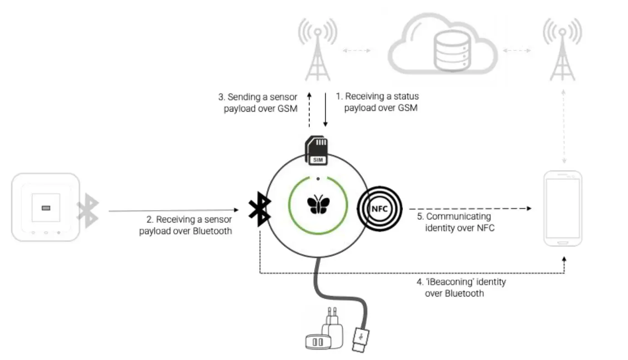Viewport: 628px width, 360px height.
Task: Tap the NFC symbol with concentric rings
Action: [379, 209]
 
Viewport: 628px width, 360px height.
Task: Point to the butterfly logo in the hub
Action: [318, 204]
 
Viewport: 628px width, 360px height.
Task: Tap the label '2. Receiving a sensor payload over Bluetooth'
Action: [186, 225]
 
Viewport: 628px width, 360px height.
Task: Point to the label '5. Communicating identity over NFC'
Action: [456, 222]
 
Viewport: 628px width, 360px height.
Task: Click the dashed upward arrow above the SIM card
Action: [309, 110]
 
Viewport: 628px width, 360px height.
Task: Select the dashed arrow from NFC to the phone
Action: [469, 209]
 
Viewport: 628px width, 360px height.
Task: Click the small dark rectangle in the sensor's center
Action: [46, 208]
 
